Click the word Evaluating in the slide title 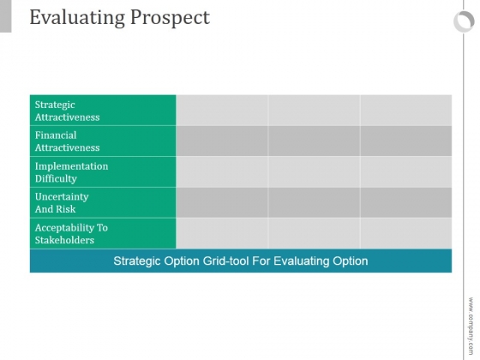[x=77, y=18]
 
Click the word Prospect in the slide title [x=171, y=18]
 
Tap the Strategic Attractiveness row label [x=68, y=111]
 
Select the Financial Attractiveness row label [x=68, y=141]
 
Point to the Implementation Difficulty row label [x=72, y=172]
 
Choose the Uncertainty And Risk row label [x=62, y=202]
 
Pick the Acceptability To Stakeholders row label [x=71, y=233]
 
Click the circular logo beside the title [x=464, y=21]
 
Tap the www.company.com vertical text [x=471, y=326]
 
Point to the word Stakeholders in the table [x=64, y=240]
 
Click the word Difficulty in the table [x=56, y=178]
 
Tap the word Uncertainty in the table [x=62, y=196]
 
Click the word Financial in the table [x=56, y=135]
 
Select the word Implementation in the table [x=72, y=166]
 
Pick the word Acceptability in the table [x=64, y=228]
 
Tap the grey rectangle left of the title [x=5, y=16]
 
